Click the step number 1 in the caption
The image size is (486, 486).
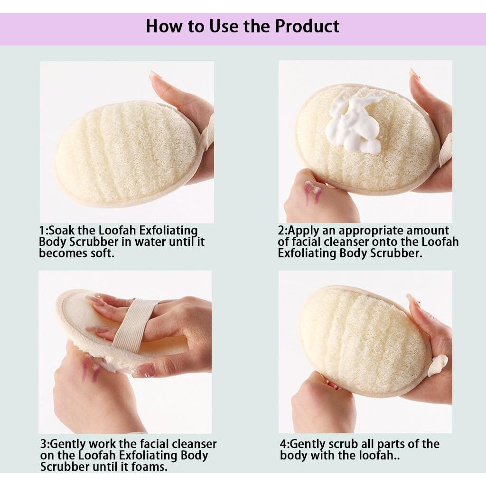click(42, 231)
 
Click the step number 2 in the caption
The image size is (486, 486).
click(281, 231)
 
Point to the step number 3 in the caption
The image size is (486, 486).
click(43, 445)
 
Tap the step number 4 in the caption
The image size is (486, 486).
click(283, 445)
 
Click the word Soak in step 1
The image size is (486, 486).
click(61, 231)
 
